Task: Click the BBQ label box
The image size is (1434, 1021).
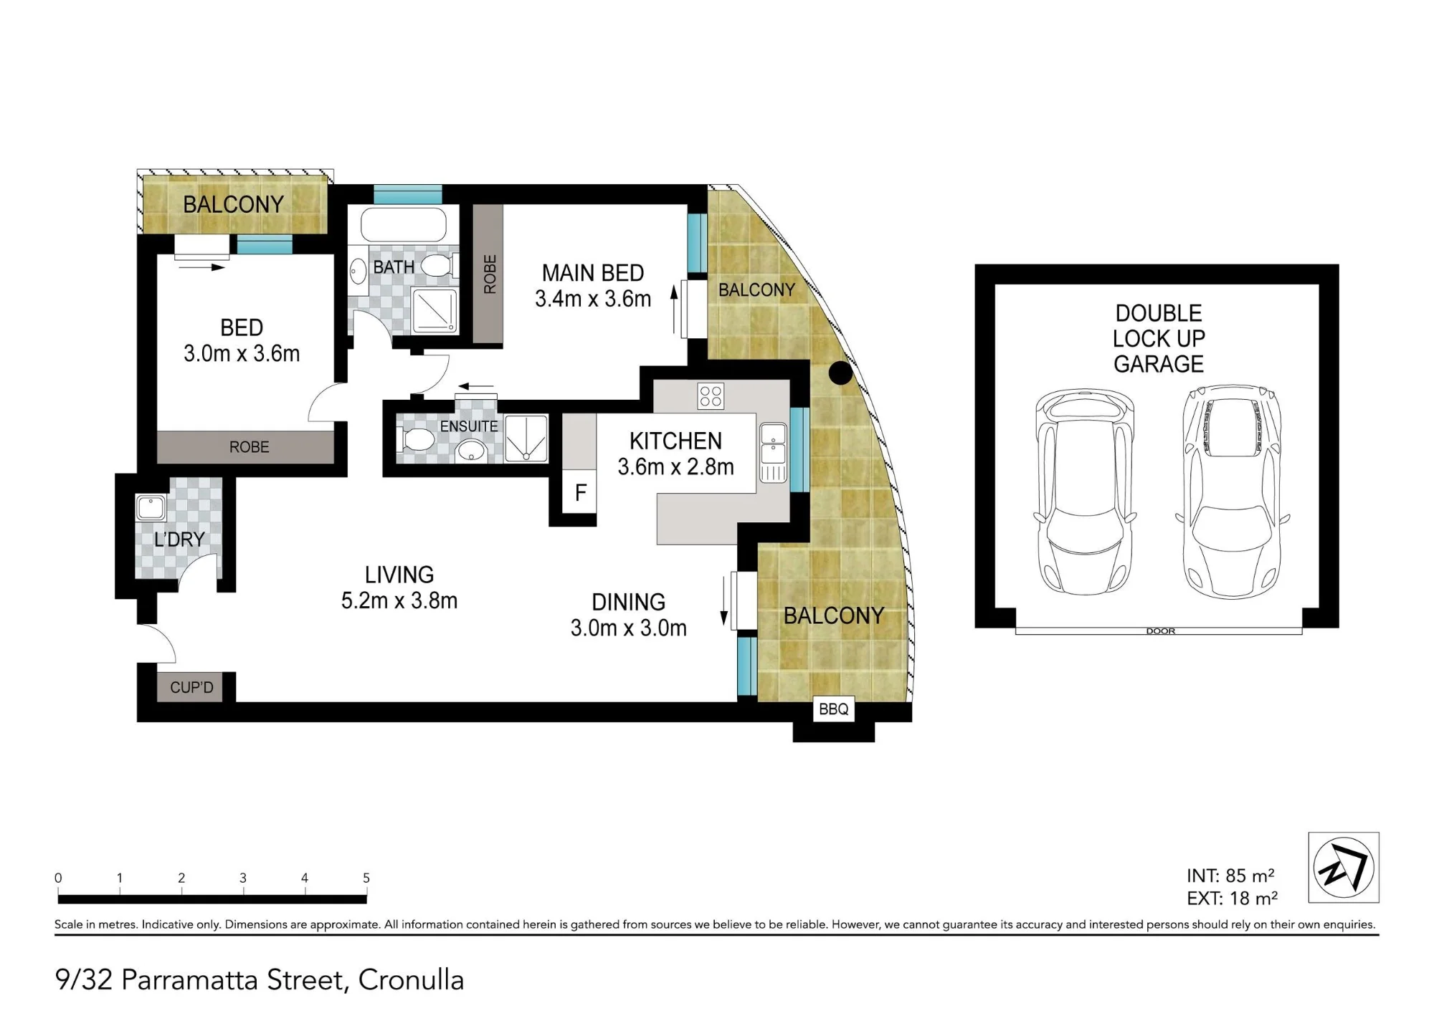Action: tap(833, 709)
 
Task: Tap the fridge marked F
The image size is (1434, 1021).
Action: tap(580, 492)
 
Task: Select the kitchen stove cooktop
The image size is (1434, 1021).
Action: tap(711, 396)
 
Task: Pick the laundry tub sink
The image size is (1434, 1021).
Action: tap(151, 508)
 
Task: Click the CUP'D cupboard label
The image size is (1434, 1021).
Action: tap(191, 687)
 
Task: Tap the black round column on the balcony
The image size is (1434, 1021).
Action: tap(840, 373)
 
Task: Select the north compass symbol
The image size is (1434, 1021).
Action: tap(1344, 867)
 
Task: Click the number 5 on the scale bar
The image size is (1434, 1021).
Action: tap(366, 878)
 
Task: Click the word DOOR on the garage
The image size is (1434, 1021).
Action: tap(1160, 631)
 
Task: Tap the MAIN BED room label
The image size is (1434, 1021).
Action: tap(593, 273)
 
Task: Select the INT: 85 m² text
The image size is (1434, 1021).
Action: tap(1230, 876)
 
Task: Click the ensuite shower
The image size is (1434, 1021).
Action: tap(526, 438)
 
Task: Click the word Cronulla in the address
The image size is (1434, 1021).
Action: tap(411, 979)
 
